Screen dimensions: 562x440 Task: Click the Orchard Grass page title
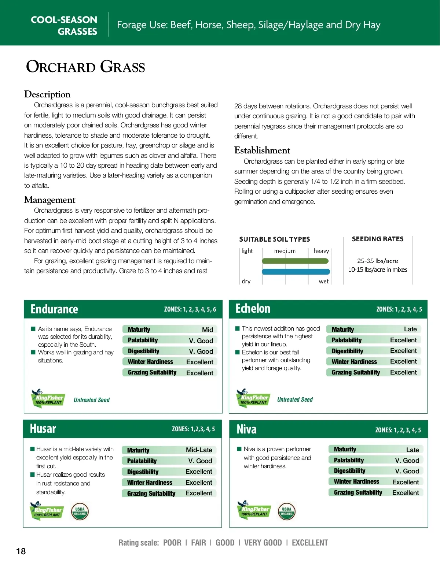(85, 67)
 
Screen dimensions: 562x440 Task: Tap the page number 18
(21, 551)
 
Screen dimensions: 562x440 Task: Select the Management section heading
(50, 200)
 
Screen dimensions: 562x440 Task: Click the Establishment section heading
(262, 150)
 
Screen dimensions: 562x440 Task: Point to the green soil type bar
(295, 261)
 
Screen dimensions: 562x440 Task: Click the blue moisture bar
(296, 271)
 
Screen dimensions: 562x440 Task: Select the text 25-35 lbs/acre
(377, 261)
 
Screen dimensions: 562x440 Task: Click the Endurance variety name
(54, 309)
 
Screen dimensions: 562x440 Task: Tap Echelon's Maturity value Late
(410, 329)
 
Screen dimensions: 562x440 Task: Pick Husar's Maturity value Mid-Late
(199, 450)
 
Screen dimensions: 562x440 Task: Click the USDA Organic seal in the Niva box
(287, 511)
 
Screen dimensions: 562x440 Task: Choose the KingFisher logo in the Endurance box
(48, 399)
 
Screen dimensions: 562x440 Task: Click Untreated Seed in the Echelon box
(295, 399)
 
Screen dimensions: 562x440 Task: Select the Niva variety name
(246, 429)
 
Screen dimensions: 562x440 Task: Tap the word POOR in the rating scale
(172, 543)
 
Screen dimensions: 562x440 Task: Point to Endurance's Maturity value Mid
(208, 330)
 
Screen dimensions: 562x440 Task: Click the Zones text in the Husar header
(193, 429)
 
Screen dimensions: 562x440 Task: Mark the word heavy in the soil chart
(321, 251)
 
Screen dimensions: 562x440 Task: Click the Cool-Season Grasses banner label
(64, 25)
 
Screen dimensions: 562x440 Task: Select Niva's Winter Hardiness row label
(356, 481)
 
